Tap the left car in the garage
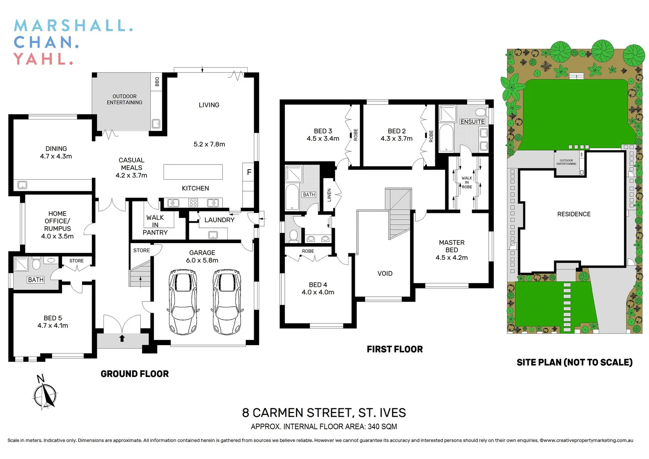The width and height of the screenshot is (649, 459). [x=183, y=301]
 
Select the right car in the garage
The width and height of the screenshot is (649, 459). [x=227, y=301]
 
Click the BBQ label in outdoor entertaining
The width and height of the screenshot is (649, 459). [x=157, y=82]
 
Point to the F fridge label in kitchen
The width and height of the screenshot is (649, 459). [x=249, y=172]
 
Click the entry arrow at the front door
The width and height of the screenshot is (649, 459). [x=122, y=338]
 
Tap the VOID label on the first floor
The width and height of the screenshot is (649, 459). [x=385, y=273]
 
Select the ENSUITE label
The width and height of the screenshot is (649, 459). [x=472, y=122]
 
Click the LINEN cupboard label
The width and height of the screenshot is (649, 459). [x=329, y=195]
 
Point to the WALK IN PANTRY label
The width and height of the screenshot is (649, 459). [x=155, y=225]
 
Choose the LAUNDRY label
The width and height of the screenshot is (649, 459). [x=219, y=220]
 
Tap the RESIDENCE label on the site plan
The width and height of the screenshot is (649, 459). [x=574, y=214]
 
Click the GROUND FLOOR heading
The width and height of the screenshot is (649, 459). [x=134, y=374]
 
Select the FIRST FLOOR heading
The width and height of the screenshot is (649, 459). [x=394, y=349]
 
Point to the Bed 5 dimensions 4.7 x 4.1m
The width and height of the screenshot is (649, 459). [x=53, y=326]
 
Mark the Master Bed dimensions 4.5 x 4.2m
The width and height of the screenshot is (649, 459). [x=451, y=258]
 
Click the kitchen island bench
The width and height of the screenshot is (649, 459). [x=193, y=172]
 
